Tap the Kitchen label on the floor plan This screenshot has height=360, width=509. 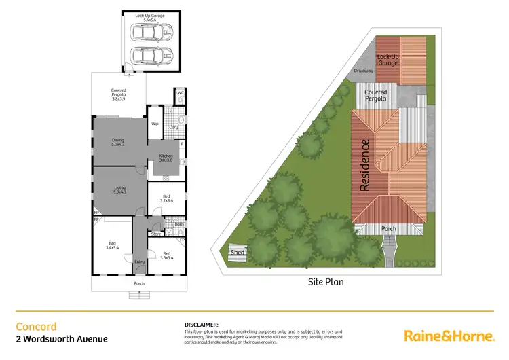[166, 156]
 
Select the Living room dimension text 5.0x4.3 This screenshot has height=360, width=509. [119, 192]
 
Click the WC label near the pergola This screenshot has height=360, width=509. [181, 92]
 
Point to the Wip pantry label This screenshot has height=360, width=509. [155, 124]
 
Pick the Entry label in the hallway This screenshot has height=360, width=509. [140, 262]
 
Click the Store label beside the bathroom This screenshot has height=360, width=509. [155, 234]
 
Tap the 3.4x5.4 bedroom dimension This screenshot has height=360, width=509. [113, 248]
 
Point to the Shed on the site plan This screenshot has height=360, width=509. [238, 252]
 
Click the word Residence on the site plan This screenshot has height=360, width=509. [365, 165]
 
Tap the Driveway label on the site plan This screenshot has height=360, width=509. [364, 71]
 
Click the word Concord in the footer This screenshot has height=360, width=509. [36, 326]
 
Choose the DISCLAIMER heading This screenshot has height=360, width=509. [202, 325]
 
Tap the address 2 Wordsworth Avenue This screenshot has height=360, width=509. [61, 339]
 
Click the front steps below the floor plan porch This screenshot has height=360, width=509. [139, 294]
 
